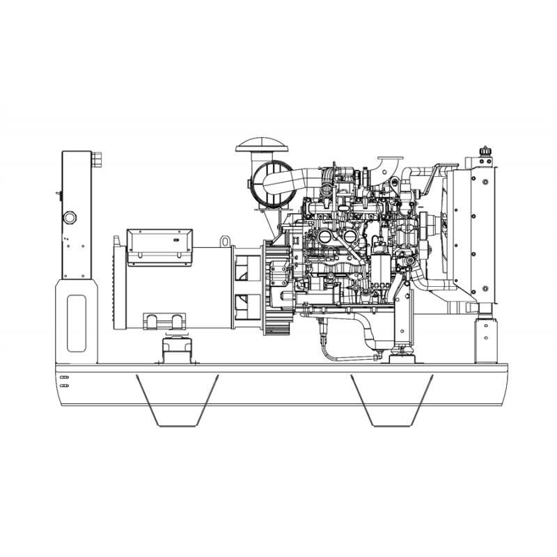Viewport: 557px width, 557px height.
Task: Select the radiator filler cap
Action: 484,151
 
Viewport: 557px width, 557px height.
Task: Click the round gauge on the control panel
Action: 70,218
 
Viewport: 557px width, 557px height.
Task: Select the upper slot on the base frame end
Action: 64,377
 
